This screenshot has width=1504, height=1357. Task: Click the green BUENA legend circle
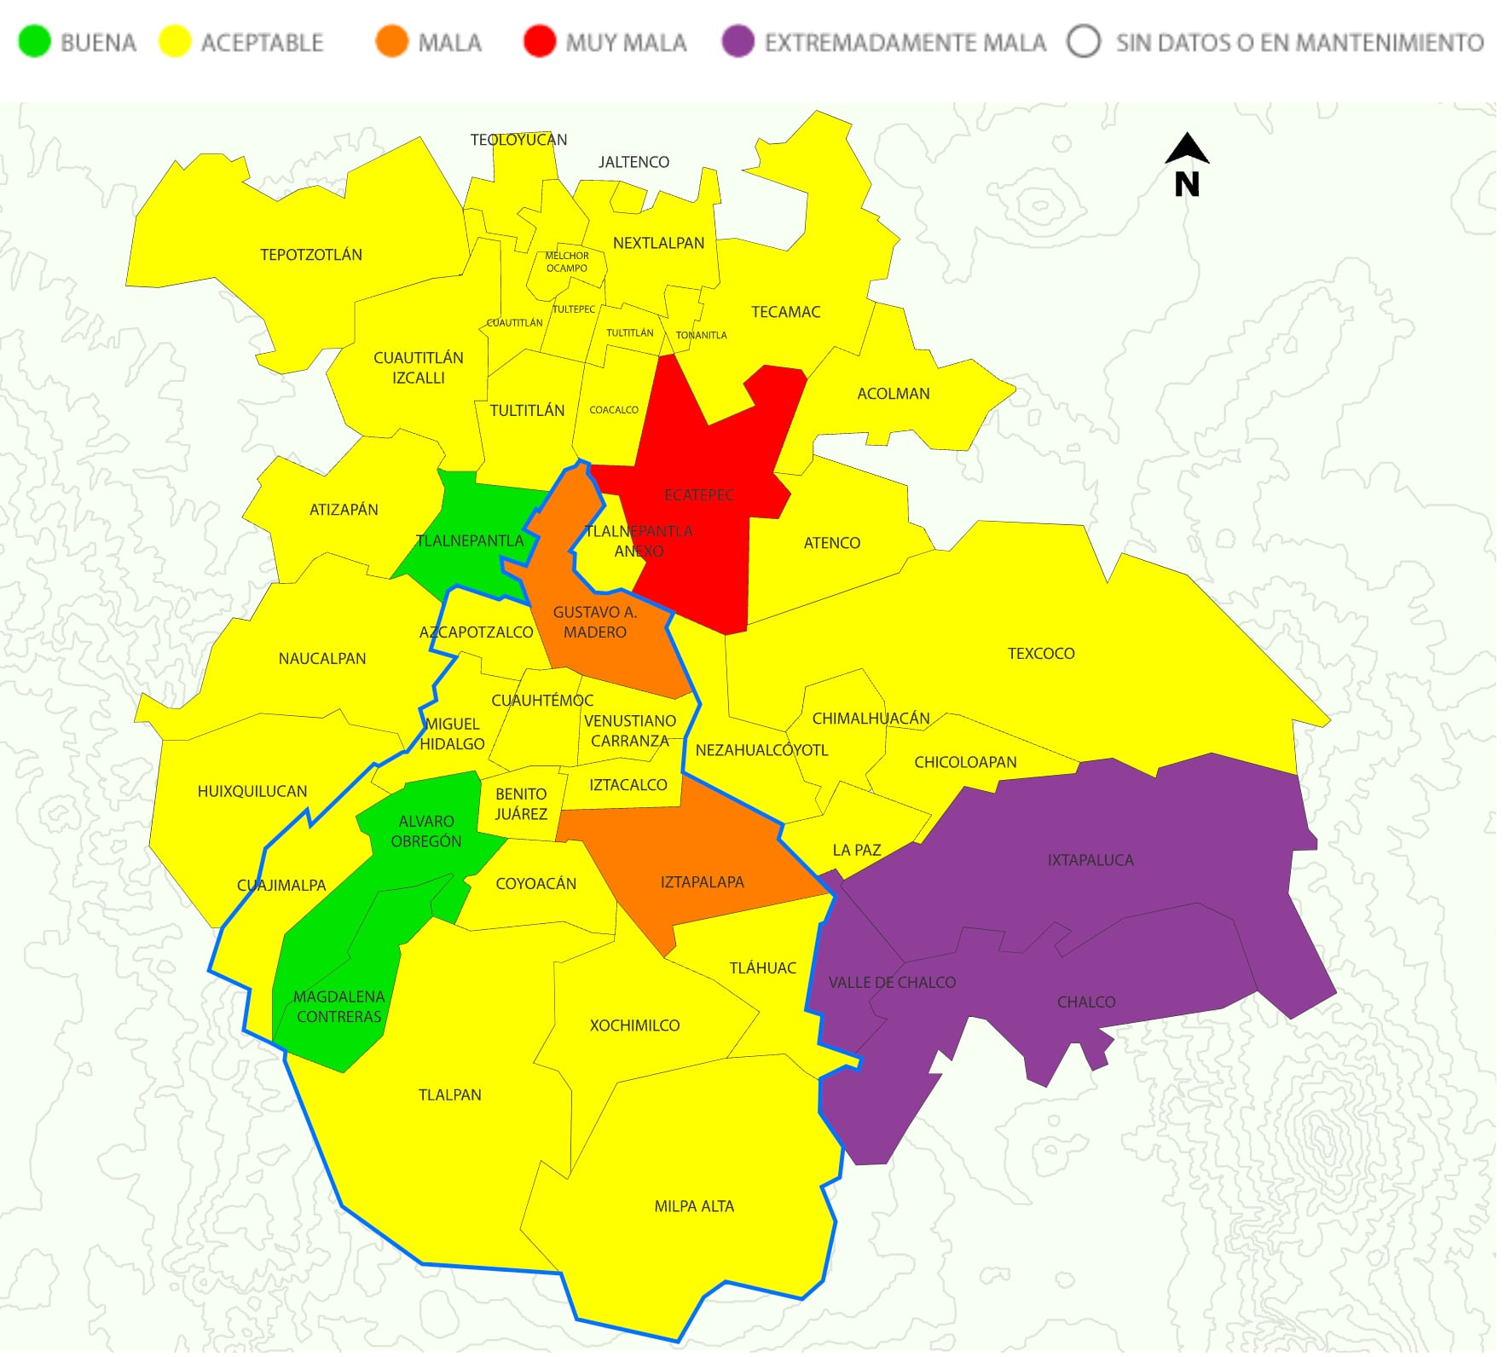[x=35, y=41]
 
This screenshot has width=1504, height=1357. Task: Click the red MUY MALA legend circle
[x=541, y=41]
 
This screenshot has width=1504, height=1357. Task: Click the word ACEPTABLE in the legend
[x=263, y=43]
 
